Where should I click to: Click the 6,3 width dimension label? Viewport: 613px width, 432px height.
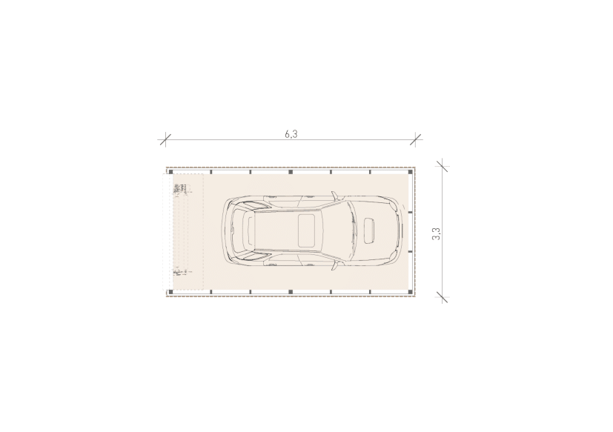coord(291,134)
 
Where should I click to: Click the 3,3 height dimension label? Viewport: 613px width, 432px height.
coord(437,234)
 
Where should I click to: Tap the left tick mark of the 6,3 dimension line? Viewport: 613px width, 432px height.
coord(165,139)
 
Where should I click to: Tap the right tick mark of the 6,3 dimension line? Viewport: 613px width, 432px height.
coord(416,139)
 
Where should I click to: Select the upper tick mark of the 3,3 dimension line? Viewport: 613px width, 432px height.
coord(443,166)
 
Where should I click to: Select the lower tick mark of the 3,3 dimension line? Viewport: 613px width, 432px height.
coord(443,297)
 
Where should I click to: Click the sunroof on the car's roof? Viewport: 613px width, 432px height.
coord(307,230)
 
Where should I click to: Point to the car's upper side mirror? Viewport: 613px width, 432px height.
coord(334,196)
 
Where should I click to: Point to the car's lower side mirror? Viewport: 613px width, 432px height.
coord(334,265)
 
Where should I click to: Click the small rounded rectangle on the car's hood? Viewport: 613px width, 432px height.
coord(369,230)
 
